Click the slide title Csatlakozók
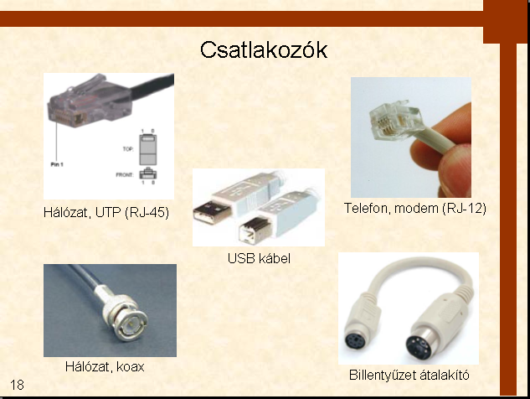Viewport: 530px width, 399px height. click(264, 50)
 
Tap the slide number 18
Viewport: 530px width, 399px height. click(17, 385)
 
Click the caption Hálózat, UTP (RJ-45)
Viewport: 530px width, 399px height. click(106, 213)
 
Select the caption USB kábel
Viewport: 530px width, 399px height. click(259, 258)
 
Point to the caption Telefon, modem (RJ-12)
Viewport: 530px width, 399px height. click(415, 208)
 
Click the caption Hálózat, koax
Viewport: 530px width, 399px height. click(105, 367)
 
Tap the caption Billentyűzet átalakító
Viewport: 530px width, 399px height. click(409, 375)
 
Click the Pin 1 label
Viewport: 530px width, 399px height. click(57, 164)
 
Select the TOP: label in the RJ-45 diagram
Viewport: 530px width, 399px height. click(128, 149)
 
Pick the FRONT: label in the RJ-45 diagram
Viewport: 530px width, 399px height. click(125, 175)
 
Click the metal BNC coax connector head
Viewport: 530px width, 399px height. click(126, 317)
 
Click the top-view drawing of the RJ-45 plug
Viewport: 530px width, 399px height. click(148, 149)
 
